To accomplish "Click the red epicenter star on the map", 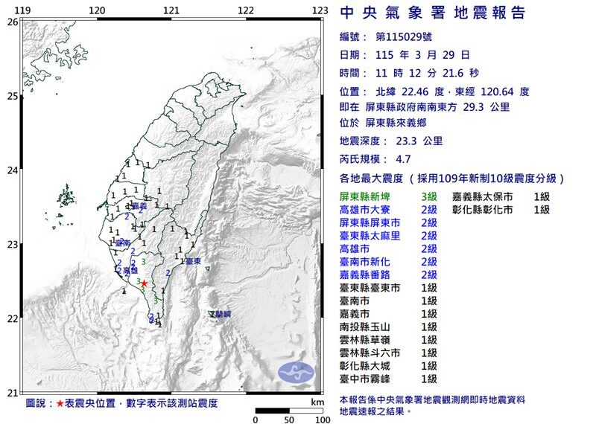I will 144,283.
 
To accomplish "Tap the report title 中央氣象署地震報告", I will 432,13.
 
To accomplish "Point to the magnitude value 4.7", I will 403,159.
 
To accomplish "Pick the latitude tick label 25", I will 12,96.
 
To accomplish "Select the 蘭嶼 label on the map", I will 221,315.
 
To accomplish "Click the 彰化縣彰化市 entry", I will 482,210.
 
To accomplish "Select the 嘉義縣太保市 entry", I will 482,197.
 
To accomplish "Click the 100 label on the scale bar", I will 322,420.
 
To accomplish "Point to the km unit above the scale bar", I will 317,402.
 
